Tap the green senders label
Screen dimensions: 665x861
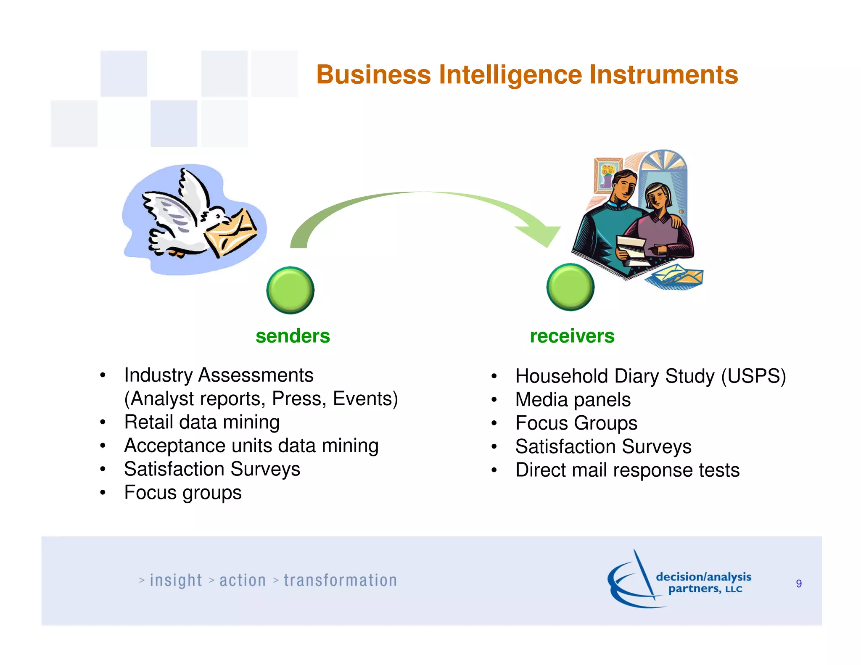[293, 336]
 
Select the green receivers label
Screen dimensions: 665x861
[572, 336]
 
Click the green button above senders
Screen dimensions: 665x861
[290, 290]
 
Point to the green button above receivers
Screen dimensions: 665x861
[570, 287]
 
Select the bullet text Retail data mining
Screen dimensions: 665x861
[202, 422]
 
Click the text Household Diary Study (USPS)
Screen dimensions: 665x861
[650, 376]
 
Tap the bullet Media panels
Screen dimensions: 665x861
[573, 399]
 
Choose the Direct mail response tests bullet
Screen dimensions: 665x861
[627, 470]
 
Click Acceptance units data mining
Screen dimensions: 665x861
[251, 446]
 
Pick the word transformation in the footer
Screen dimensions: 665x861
[340, 581]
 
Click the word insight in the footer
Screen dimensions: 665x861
[176, 581]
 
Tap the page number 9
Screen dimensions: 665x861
[798, 583]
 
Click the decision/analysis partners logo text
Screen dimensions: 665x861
[703, 582]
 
